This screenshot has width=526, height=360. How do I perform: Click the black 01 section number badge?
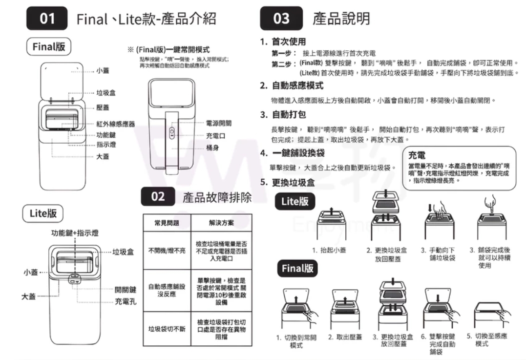coord(48,19)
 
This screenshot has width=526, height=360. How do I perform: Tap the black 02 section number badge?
coord(158,197)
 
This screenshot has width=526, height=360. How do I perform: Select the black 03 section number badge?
coord(281,19)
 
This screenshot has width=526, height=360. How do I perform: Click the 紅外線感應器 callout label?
coord(115,124)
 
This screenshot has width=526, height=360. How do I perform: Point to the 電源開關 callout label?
coord(219,123)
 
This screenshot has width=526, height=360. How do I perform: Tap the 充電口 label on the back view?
coord(215,135)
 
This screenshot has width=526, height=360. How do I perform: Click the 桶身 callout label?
coord(212,148)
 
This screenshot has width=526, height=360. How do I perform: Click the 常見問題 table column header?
coord(166,223)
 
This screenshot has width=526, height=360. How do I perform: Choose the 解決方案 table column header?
coord(221,223)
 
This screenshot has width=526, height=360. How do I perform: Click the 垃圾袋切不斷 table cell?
coord(166,329)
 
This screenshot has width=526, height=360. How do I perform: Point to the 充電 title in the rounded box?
coord(416,155)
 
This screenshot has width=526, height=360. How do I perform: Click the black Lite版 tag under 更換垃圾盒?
coord(295,201)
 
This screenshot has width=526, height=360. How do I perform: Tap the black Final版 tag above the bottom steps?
coord(297,269)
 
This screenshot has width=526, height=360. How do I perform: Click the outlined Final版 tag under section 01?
coord(48,47)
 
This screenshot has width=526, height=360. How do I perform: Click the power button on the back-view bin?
coord(171,132)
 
